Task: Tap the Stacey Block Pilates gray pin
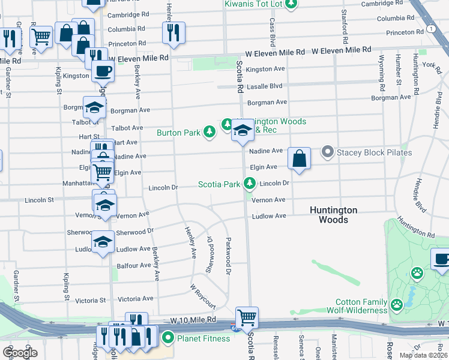point(327,152)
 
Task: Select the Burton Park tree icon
point(209,132)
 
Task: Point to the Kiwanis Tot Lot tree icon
point(291,4)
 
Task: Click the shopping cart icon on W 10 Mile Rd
point(247,317)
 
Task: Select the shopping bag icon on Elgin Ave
point(300,159)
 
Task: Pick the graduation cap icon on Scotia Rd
point(243,131)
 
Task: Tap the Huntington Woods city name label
point(333,215)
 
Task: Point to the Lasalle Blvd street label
point(264,86)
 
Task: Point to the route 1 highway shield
point(431,28)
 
